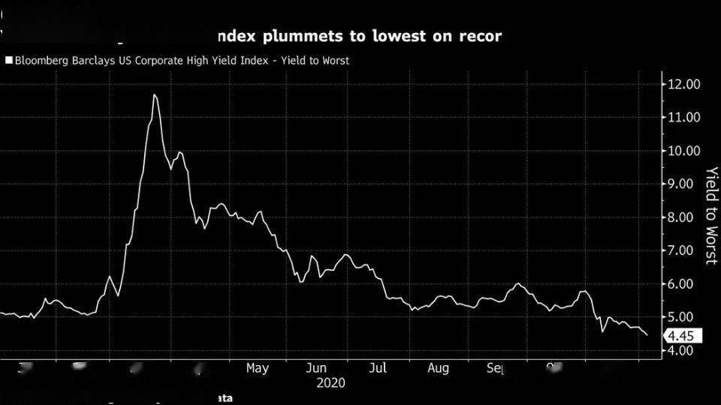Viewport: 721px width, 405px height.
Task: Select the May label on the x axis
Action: (257, 368)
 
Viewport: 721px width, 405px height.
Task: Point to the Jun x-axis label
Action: (316, 368)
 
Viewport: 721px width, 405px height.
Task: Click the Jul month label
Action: (379, 368)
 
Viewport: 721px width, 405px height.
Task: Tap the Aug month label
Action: (438, 368)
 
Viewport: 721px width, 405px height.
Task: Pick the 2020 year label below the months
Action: (330, 382)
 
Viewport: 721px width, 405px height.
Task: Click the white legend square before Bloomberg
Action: (8, 61)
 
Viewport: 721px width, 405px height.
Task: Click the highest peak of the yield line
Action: (154, 94)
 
